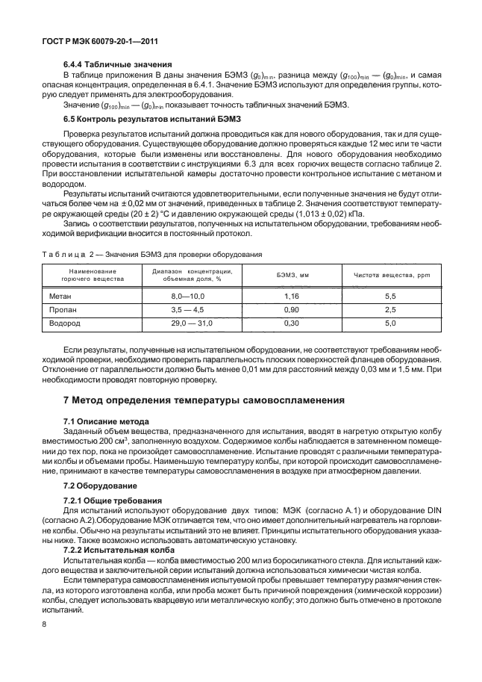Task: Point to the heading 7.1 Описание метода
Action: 106,421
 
